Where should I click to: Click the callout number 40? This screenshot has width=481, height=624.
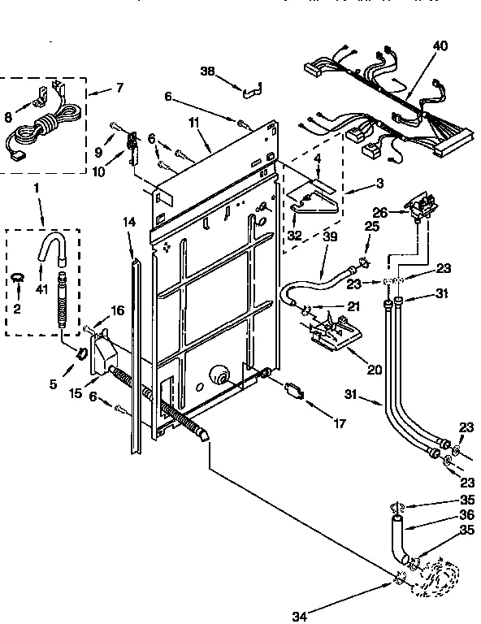click(440, 46)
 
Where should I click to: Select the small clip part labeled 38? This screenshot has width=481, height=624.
click(252, 84)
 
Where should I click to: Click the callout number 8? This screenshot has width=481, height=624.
click(10, 117)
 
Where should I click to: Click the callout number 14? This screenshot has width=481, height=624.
click(128, 220)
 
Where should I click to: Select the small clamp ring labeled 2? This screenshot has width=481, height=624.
click(16, 280)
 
